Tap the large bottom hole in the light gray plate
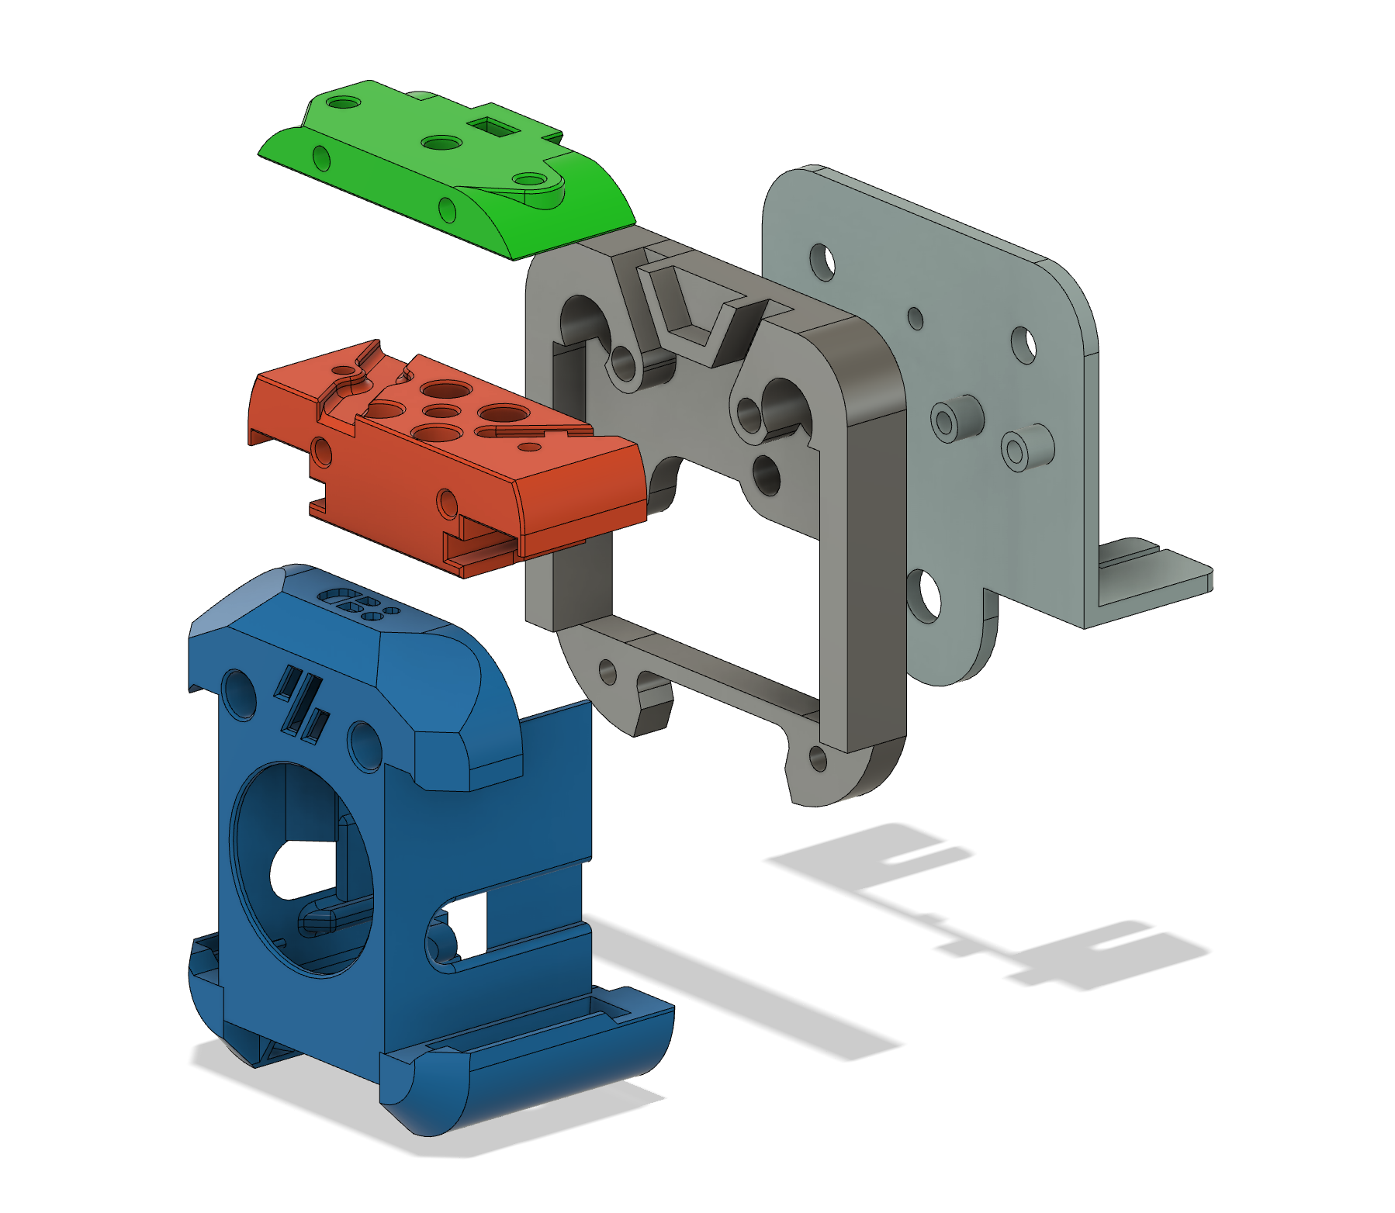coord(923,596)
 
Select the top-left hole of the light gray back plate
coord(822,262)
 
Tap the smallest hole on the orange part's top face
coord(530,447)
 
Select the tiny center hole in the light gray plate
coord(916,318)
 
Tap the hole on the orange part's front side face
coord(448,503)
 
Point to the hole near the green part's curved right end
coord(529,181)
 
